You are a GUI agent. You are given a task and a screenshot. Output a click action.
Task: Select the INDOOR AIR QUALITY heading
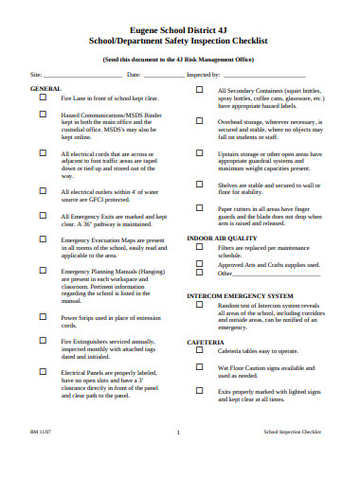(222, 238)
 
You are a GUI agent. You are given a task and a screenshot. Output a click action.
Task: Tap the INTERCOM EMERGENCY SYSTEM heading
(238, 295)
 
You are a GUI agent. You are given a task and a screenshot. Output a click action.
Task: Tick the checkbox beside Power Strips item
(43, 316)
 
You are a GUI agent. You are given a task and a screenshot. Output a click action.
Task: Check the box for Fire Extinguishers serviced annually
(43, 340)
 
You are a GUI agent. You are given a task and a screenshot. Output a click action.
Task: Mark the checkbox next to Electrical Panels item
(43, 371)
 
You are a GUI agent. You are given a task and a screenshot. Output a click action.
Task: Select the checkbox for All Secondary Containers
(199, 88)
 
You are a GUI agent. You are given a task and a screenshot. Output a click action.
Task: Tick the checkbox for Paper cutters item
(199, 206)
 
